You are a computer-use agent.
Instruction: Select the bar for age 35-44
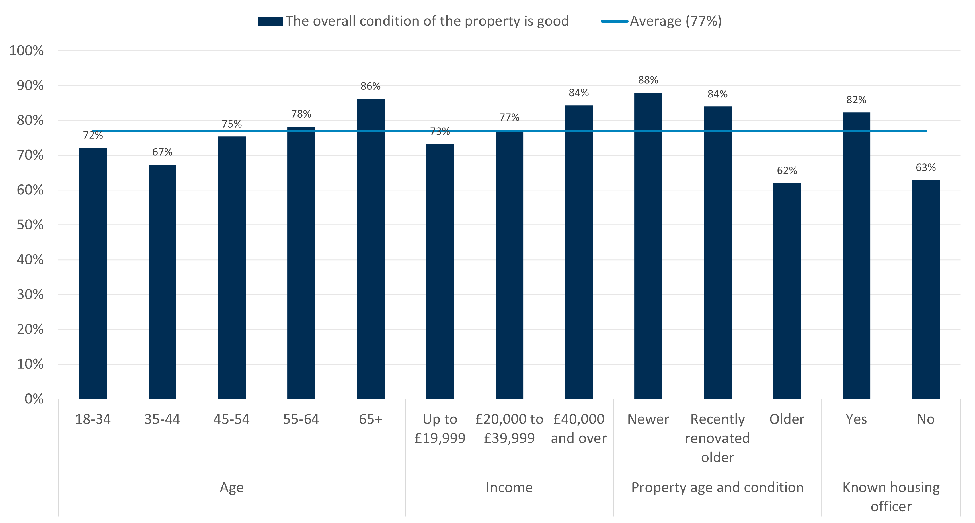pyautogui.click(x=162, y=282)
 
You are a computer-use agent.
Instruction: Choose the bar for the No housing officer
pyautogui.click(x=925, y=289)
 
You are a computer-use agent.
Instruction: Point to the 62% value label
pyautogui.click(x=787, y=171)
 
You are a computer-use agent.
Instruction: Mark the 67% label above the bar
pyautogui.click(x=162, y=152)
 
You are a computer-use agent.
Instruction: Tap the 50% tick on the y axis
pyautogui.click(x=30, y=225)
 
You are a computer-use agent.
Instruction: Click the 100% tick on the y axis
pyautogui.click(x=26, y=51)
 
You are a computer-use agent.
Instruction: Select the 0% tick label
pyautogui.click(x=34, y=399)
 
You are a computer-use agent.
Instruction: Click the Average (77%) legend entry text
pyautogui.click(x=676, y=21)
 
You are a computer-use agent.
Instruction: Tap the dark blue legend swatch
pyautogui.click(x=270, y=21)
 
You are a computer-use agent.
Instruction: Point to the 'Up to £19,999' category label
pyautogui.click(x=440, y=428)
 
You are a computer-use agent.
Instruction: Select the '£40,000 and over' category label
pyautogui.click(x=578, y=428)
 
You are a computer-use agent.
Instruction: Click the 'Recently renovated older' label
pyautogui.click(x=717, y=438)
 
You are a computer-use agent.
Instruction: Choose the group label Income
pyautogui.click(x=509, y=487)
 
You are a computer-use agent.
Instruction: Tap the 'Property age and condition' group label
pyautogui.click(x=717, y=487)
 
